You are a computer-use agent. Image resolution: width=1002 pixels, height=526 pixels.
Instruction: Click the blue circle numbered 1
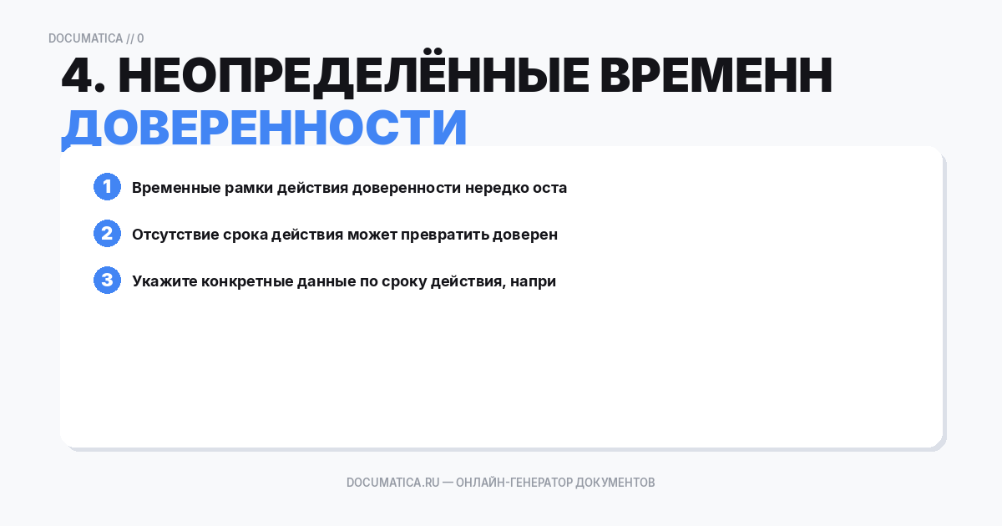pos(107,187)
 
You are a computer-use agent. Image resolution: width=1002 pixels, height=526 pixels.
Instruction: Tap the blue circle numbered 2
pos(107,234)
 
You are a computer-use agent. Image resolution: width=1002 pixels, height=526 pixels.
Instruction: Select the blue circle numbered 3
pos(107,281)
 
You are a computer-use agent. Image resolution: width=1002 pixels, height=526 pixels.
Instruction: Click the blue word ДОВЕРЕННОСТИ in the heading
pos(264,127)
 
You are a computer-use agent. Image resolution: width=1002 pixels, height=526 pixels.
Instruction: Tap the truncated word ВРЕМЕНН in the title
pos(716,75)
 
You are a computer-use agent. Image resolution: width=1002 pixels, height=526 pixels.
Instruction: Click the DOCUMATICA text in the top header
pos(85,38)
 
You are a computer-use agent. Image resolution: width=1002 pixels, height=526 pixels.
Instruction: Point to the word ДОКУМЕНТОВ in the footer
pos(615,483)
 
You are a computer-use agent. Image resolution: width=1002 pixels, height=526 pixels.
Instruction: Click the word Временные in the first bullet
pos(175,188)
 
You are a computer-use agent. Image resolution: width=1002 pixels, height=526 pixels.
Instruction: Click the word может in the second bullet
pos(371,235)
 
